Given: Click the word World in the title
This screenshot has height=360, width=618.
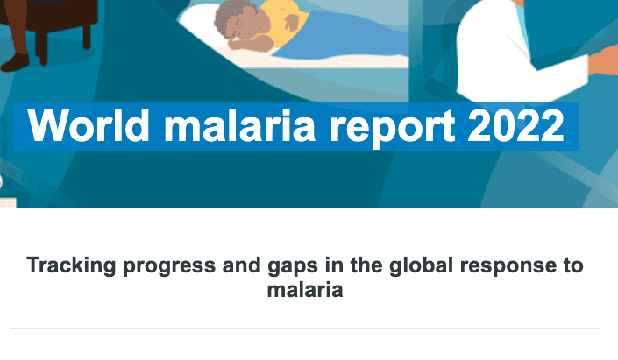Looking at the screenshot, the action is click(x=89, y=125).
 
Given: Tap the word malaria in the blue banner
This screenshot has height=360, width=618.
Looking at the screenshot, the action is click(x=239, y=125).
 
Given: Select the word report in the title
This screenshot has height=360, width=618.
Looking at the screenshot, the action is click(x=392, y=128).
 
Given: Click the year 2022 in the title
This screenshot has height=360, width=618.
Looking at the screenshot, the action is click(x=516, y=125).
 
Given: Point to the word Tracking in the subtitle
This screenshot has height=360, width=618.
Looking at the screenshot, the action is click(x=71, y=266).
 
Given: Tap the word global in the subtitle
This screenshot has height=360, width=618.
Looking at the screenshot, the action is click(x=421, y=266).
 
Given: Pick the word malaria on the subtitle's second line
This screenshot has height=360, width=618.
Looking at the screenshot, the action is click(x=305, y=290).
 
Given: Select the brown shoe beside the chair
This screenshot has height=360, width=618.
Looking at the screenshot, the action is click(x=15, y=62).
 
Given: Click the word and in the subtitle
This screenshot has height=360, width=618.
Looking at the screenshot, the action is click(x=242, y=265).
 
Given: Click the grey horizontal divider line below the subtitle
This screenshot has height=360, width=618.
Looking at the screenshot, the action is click(x=305, y=328).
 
